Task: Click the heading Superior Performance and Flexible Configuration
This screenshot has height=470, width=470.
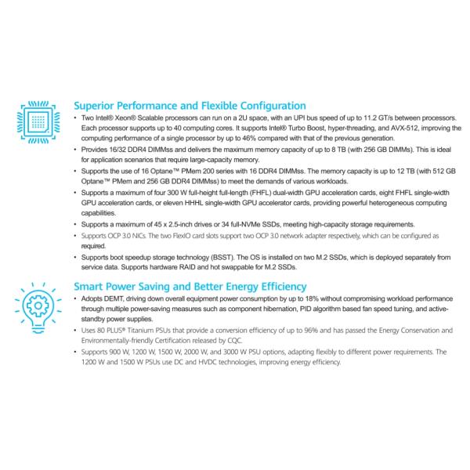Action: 189,106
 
